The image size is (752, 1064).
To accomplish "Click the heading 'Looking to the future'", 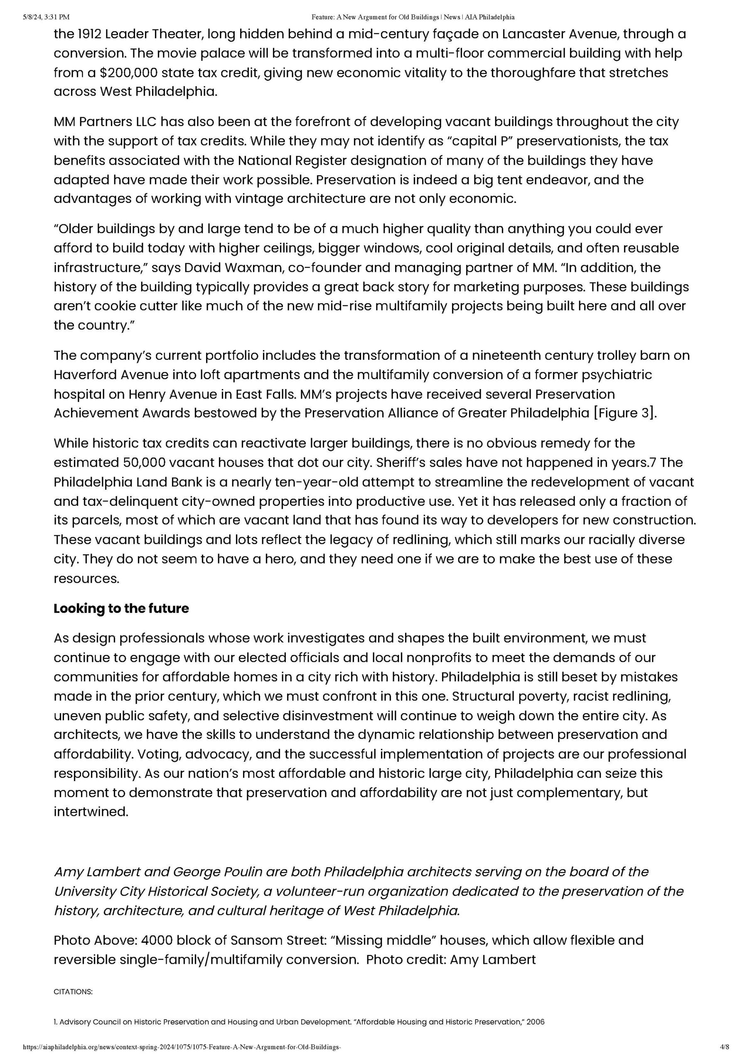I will tap(121, 608).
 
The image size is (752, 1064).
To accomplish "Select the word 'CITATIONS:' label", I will tap(73, 992).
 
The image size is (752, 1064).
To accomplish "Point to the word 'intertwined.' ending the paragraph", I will tap(91, 811).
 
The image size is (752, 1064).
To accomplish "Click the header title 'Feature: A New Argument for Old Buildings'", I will tap(375, 17).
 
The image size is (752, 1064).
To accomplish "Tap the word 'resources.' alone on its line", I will tap(86, 578).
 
